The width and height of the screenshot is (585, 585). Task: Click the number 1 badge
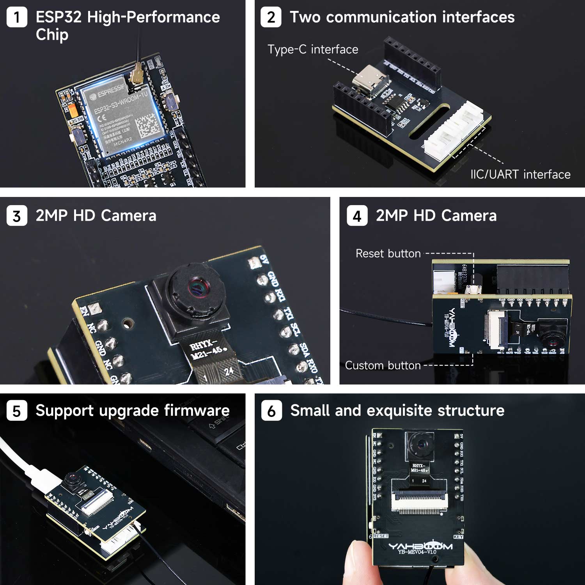(x=17, y=18)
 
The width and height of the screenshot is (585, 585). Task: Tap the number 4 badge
(x=357, y=216)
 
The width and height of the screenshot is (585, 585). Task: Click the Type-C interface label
(x=312, y=50)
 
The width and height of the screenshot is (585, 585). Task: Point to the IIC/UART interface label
(x=520, y=174)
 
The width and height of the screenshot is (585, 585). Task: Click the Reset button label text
(x=388, y=253)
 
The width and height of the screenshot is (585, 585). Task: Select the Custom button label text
(x=383, y=365)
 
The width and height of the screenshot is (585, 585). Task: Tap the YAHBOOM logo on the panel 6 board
(x=420, y=546)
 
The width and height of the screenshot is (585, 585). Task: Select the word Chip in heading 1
(x=52, y=35)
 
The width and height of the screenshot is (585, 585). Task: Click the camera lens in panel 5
(x=71, y=478)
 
